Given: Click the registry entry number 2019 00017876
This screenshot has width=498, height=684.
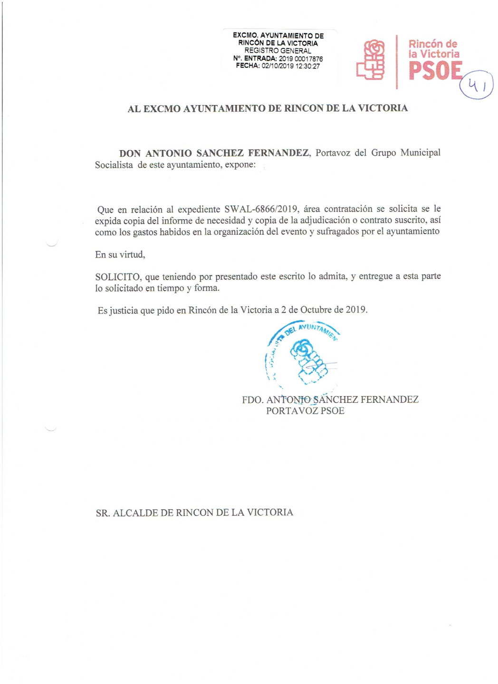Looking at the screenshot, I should tap(301, 59).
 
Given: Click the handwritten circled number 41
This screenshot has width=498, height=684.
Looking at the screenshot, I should tap(477, 85).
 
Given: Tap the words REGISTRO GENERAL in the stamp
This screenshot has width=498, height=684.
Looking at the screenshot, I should tap(278, 51).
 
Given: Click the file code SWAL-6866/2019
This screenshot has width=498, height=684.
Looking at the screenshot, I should tap(261, 209).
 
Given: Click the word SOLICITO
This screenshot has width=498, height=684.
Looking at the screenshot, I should tap(117, 277).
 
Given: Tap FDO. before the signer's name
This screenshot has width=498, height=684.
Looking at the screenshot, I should tap(252, 400).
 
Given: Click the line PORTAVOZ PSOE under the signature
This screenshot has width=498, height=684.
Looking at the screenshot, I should tap(305, 411).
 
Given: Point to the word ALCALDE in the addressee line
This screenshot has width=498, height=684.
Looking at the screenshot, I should tap(143, 513).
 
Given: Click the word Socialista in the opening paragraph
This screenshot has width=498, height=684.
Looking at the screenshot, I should tap(114, 165).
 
